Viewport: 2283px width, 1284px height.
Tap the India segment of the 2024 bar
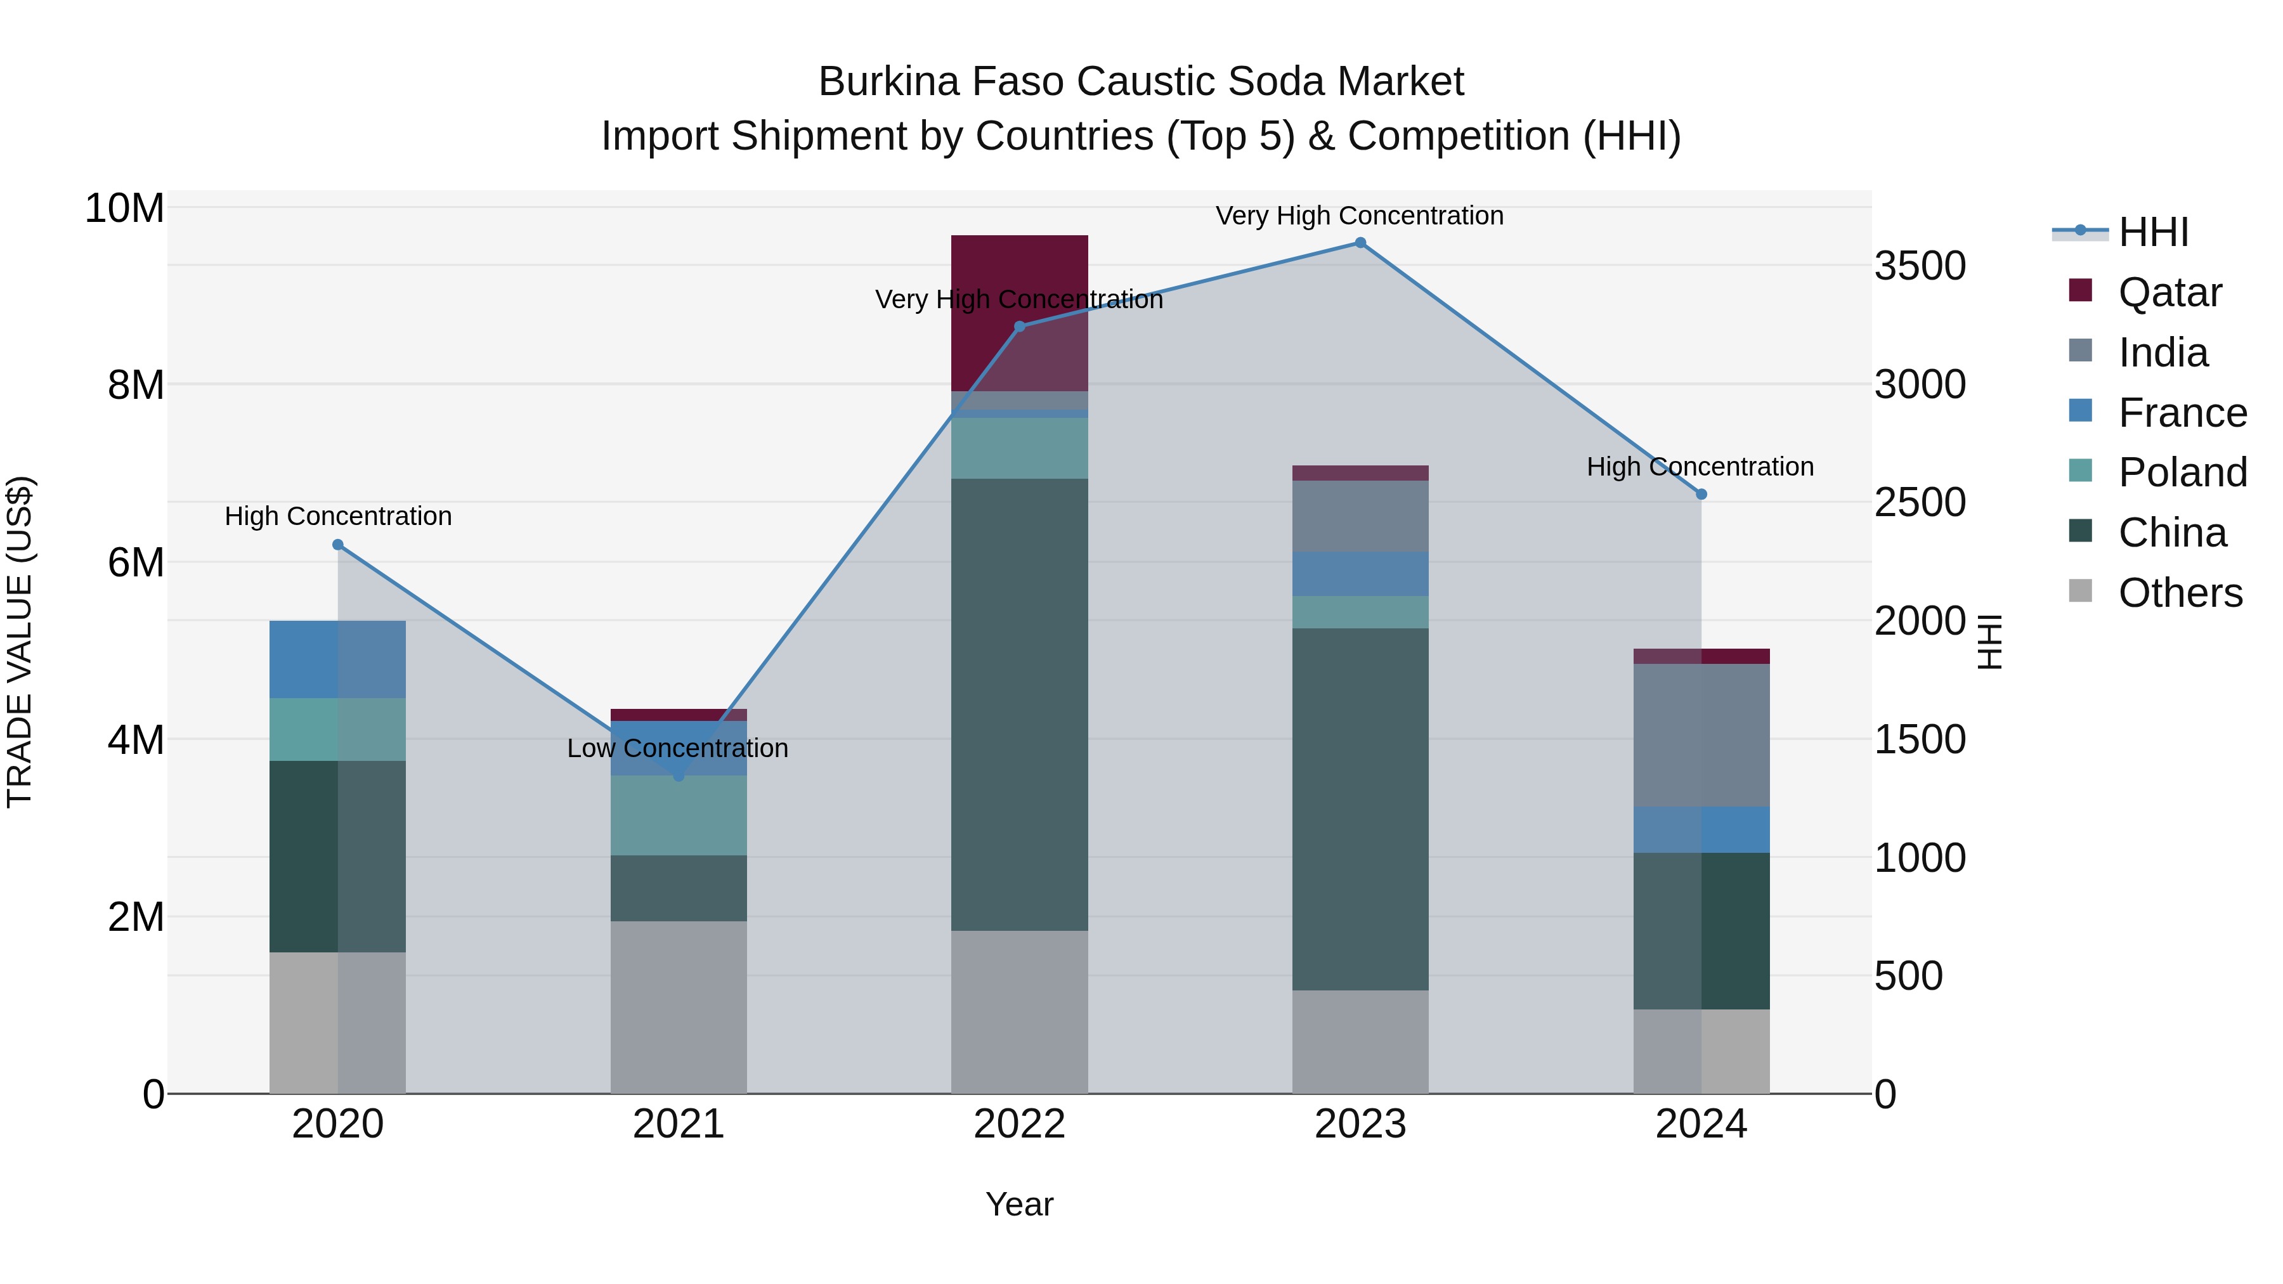[x=1701, y=735]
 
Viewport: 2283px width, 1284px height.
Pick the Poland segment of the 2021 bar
[x=678, y=815]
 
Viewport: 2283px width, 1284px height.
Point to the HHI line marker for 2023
[x=1360, y=243]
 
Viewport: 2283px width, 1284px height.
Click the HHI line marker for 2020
[x=337, y=545]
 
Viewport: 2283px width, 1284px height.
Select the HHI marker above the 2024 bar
[x=1701, y=495]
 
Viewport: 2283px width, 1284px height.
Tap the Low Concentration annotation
[x=677, y=748]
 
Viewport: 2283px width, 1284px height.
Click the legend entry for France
[x=2181, y=413]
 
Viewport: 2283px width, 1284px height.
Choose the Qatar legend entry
[x=2169, y=292]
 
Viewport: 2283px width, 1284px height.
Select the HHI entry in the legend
[x=2153, y=232]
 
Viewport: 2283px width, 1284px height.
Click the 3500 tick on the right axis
[x=1920, y=266]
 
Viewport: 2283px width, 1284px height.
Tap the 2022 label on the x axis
[x=1019, y=1124]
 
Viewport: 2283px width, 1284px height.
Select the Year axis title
[x=1019, y=1204]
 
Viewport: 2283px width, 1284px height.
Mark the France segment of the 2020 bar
[x=337, y=659]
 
